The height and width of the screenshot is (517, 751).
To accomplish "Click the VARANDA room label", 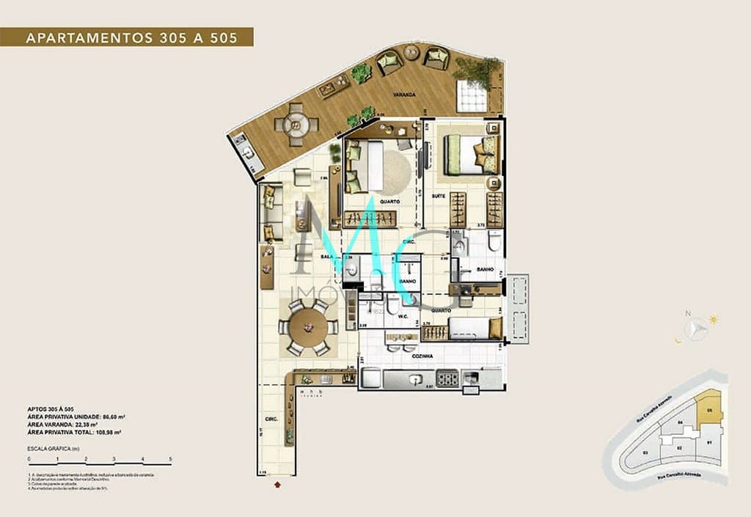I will pyautogui.click(x=403, y=95).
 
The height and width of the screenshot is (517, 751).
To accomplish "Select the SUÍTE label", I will pyautogui.click(x=439, y=196).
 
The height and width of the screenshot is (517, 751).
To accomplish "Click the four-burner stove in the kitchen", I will pyautogui.click(x=447, y=378).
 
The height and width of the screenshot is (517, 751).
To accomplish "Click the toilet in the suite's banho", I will pyautogui.click(x=494, y=240).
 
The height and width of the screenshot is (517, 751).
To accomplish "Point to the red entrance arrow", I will pyautogui.click(x=277, y=484).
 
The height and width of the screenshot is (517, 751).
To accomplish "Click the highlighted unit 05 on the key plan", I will pyautogui.click(x=708, y=408).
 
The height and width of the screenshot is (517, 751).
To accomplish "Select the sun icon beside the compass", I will pyautogui.click(x=713, y=320).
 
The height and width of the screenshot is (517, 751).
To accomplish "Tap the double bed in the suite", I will pyautogui.click(x=470, y=154).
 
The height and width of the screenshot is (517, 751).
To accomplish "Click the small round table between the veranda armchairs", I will pyautogui.click(x=413, y=53).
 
